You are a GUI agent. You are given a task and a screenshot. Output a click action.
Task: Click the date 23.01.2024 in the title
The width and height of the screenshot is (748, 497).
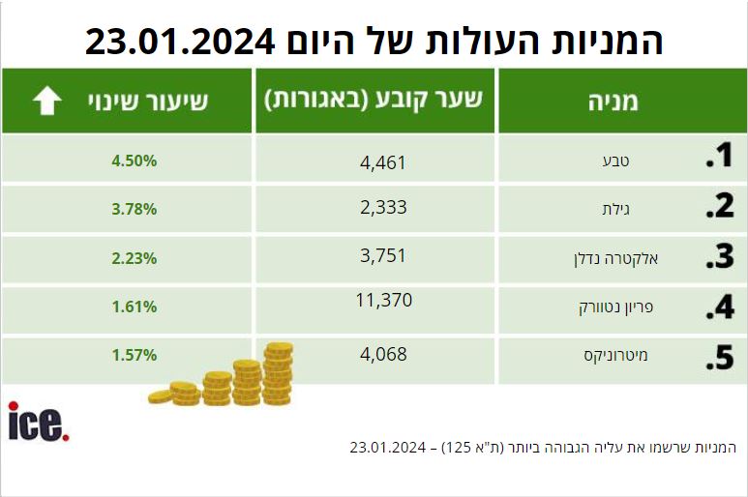(x=180, y=42)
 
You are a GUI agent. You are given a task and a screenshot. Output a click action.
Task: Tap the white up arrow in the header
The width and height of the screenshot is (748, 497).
(x=47, y=101)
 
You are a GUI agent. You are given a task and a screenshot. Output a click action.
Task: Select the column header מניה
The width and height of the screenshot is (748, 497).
(x=613, y=102)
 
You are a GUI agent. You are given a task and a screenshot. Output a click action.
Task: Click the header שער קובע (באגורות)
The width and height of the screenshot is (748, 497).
(x=374, y=100)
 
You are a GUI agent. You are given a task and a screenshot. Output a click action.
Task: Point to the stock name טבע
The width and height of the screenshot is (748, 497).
(x=615, y=161)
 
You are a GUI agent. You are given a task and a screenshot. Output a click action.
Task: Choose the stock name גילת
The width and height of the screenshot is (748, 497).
(x=615, y=209)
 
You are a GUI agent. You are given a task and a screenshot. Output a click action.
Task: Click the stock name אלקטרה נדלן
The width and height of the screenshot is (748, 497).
(x=615, y=259)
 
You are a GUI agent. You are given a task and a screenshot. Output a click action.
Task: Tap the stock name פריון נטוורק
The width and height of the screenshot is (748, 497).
(x=615, y=307)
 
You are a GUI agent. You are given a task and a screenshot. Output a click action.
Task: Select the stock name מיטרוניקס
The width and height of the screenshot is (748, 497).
(x=615, y=356)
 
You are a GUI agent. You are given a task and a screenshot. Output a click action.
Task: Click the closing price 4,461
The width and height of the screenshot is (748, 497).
(x=383, y=163)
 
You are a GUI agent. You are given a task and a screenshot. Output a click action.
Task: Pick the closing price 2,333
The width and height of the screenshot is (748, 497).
(x=383, y=207)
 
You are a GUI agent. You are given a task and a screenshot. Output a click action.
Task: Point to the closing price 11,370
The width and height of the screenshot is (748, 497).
(x=384, y=300)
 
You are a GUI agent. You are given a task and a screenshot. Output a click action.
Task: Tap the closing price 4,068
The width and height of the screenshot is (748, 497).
(x=383, y=354)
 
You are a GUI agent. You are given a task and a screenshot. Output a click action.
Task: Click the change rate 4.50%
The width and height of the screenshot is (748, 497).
(x=135, y=161)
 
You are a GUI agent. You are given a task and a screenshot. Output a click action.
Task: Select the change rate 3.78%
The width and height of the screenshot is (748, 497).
(x=135, y=209)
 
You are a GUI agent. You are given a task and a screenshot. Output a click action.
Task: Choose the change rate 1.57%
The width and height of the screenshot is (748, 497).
(x=135, y=355)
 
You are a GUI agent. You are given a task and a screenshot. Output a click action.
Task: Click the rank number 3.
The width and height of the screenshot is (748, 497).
(x=719, y=256)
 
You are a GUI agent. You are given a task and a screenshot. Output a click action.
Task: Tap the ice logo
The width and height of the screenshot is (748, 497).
(x=39, y=422)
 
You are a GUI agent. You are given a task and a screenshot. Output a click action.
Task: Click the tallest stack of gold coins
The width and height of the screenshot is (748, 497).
(x=278, y=373)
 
